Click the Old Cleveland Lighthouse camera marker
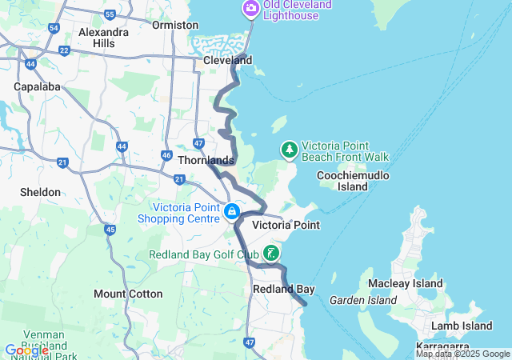[x=250, y=8]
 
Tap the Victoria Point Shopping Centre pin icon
[x=231, y=211]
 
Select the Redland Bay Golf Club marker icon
[x=271, y=254]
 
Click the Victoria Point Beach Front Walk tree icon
[x=289, y=150]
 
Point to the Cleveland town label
[x=227, y=60]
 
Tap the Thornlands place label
[x=206, y=160]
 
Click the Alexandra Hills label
[x=104, y=38]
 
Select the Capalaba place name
[x=33, y=86]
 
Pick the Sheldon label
[x=40, y=192]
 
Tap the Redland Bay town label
[x=283, y=289]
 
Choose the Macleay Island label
[x=405, y=283]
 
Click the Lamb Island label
[x=461, y=326]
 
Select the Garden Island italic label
[x=362, y=300]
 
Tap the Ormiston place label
[x=174, y=25]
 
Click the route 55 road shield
[x=110, y=14]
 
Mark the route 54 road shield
[x=53, y=27]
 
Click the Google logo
[x=26, y=350]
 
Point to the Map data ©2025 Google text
[x=462, y=354]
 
